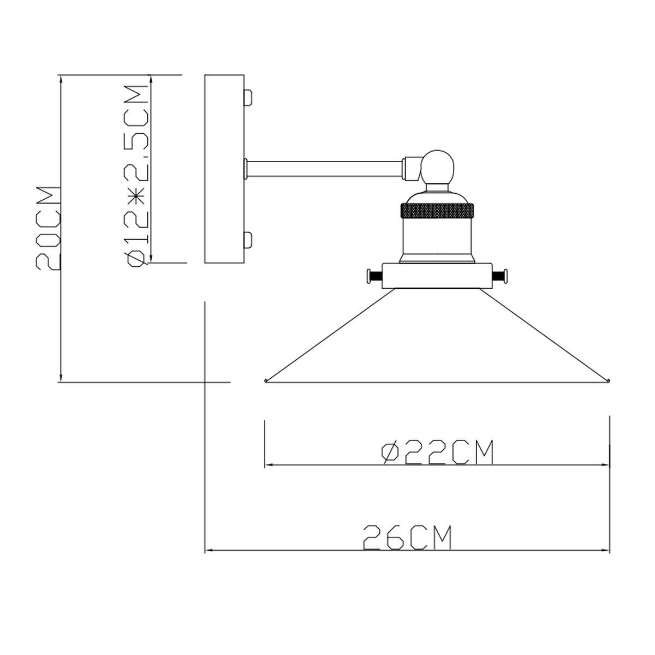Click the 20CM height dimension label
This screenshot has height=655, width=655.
click(48, 228)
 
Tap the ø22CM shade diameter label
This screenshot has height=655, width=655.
click(437, 452)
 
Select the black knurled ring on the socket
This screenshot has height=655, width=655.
click(437, 211)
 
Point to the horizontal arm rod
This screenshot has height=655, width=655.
click(325, 169)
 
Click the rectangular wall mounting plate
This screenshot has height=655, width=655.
click(224, 169)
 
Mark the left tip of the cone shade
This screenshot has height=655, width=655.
click(265, 380)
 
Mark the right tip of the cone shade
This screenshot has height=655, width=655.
click(609, 380)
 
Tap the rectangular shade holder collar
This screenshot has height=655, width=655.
click(437, 276)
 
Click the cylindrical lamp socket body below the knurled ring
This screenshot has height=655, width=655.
click(437, 241)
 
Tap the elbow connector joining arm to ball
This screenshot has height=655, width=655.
click(413, 169)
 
